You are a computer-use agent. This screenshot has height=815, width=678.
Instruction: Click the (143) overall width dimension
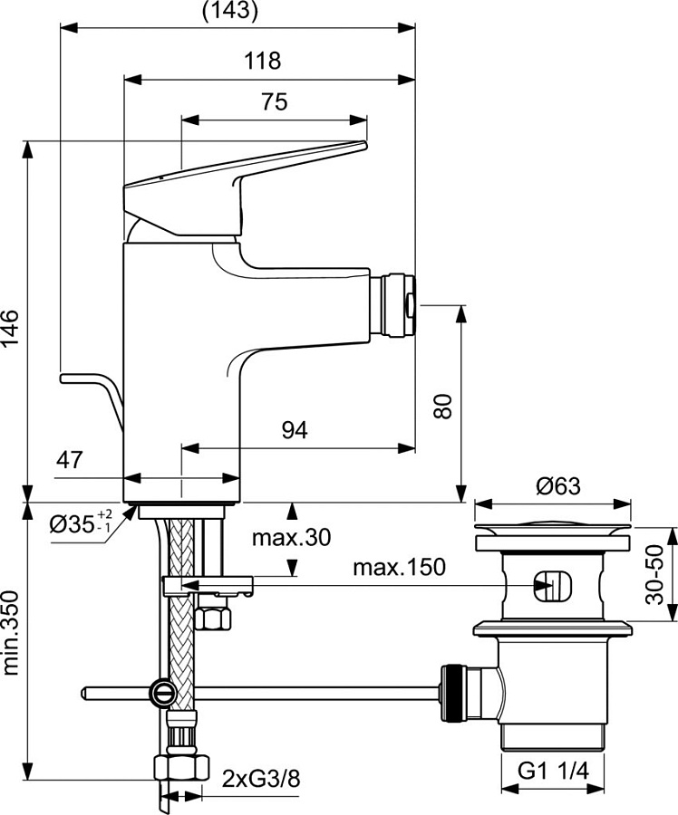(x=228, y=11)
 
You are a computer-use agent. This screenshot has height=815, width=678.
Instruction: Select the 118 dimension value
(x=263, y=61)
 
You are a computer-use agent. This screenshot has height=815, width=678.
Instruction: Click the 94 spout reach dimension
(x=293, y=430)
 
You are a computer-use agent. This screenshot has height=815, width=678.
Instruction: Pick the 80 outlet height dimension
(x=441, y=404)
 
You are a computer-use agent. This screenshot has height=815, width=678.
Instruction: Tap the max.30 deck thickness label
(x=291, y=537)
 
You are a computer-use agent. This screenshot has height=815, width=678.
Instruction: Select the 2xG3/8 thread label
(x=260, y=777)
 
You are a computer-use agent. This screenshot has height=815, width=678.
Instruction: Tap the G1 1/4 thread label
(x=554, y=772)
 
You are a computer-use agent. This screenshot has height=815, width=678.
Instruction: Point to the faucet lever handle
(x=245, y=177)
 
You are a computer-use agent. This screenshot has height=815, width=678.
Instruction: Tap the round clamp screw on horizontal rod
(x=162, y=693)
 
